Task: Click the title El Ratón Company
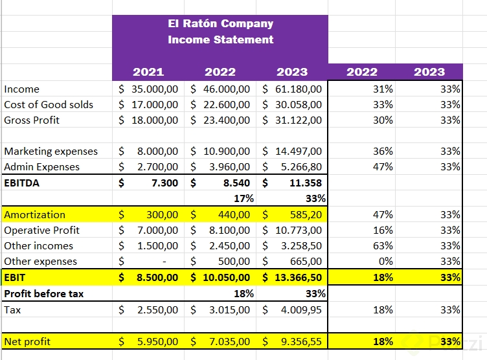tap(220, 24)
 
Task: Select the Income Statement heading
tap(220, 39)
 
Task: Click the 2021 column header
tap(148, 72)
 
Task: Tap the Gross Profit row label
tap(32, 120)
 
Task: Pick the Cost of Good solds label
tap(49, 104)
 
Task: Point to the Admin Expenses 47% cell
tap(383, 166)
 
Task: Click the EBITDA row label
tap(22, 183)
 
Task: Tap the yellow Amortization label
tap(35, 214)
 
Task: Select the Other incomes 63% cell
tap(383, 245)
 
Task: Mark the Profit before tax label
tap(44, 293)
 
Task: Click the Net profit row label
tap(27, 341)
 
